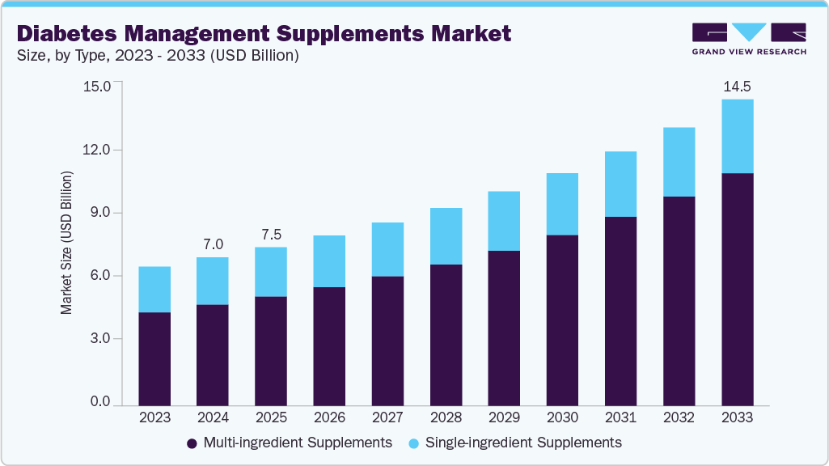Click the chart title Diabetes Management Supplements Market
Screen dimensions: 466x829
(264, 33)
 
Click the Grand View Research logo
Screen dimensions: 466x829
(748, 39)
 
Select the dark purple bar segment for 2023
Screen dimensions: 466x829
(154, 358)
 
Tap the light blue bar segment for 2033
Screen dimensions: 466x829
(737, 136)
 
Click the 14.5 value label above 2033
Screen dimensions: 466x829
(737, 87)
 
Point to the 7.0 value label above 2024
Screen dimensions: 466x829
(213, 244)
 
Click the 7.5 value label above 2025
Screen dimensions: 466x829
(271, 235)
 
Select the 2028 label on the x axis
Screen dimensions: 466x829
(446, 417)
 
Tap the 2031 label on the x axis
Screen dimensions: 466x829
(620, 417)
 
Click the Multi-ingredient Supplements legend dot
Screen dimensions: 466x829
(192, 443)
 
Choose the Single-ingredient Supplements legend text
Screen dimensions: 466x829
(523, 443)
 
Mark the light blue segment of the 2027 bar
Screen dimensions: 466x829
(387, 249)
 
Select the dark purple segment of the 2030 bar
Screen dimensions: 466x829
(562, 320)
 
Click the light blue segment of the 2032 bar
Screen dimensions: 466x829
(679, 162)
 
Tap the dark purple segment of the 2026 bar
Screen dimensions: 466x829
(329, 345)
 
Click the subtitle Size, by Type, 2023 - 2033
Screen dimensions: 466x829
(158, 56)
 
